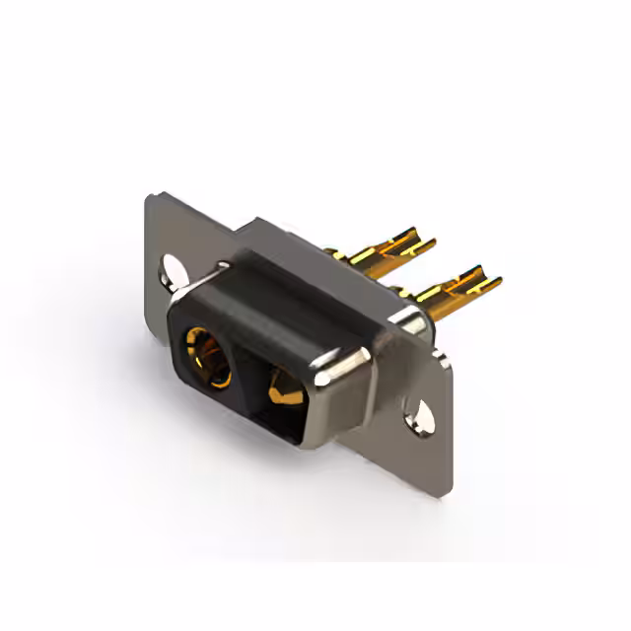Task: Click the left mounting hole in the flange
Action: pyautogui.click(x=176, y=268)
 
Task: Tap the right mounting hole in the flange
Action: pyautogui.click(x=422, y=415)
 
